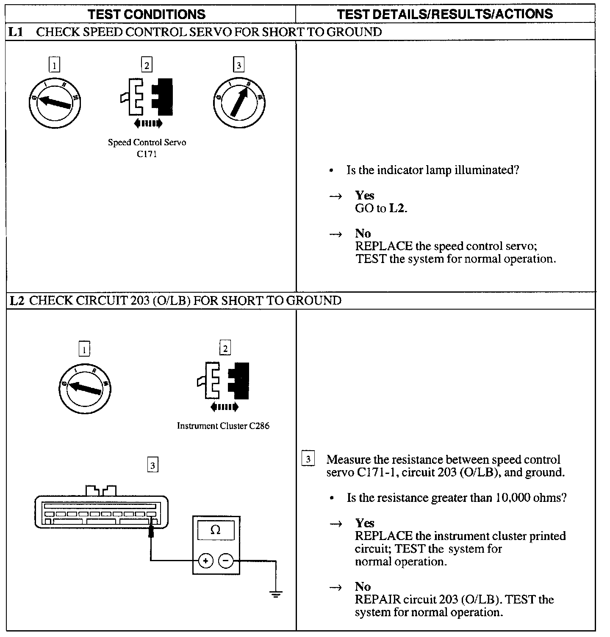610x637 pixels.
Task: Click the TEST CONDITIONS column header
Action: [x=147, y=14]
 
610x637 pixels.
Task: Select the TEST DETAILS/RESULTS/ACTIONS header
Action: [x=445, y=14]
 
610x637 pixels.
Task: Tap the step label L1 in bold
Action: [x=16, y=32]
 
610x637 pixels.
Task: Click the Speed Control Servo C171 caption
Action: [x=147, y=148]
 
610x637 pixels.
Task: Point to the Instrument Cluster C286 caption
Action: [x=223, y=426]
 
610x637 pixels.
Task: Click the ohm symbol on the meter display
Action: [x=216, y=530]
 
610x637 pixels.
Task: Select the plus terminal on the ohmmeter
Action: [x=206, y=561]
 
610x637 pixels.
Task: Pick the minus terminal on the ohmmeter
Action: [x=226, y=561]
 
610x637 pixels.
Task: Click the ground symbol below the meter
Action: [x=276, y=594]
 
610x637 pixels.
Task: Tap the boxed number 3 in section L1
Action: [x=239, y=65]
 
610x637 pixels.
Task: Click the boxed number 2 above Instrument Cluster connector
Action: [x=225, y=348]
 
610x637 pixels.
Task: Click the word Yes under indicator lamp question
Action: [x=365, y=195]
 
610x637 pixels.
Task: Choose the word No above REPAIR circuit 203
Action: [x=363, y=587]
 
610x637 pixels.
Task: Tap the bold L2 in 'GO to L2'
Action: [x=397, y=208]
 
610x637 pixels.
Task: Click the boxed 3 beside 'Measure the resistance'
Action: [x=308, y=460]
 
